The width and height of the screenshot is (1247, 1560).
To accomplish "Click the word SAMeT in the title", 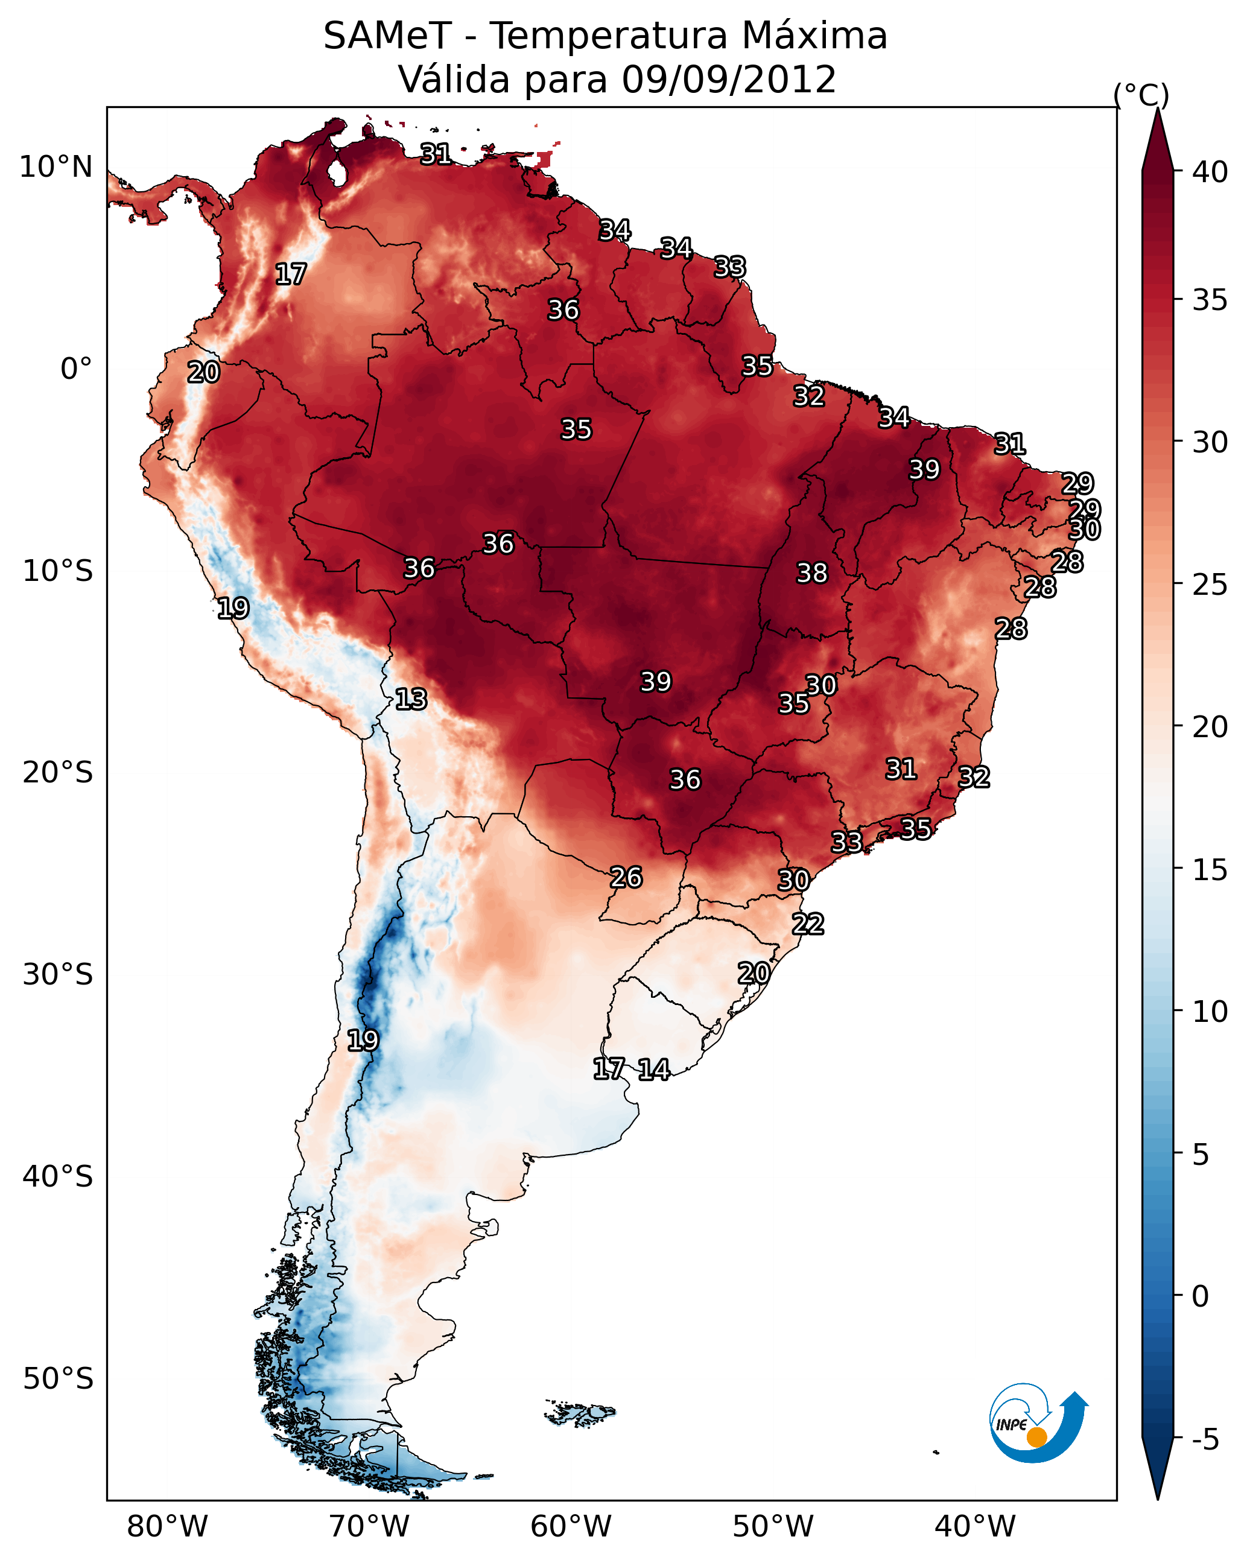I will point(387,36).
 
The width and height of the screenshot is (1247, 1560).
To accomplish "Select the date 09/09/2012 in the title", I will point(728,80).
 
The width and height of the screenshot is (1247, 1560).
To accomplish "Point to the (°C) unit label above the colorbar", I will point(1141,95).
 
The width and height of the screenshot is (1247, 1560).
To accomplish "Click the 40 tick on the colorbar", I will point(1210,172).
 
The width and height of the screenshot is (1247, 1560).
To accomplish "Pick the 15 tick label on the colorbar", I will point(1210,870).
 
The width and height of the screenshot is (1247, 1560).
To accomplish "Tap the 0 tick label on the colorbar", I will point(1200,1296).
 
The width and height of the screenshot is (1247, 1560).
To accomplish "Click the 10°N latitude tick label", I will point(56,167).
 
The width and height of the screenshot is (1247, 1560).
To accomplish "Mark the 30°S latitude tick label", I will point(58,975).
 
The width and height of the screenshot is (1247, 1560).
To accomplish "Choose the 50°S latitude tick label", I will point(58,1378).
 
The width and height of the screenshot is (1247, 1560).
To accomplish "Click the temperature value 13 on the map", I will point(411,699).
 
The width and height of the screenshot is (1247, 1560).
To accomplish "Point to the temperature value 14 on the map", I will point(653,1070).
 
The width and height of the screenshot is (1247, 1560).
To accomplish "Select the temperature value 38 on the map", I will point(811,573).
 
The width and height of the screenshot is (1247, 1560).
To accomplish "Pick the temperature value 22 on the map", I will point(808,924).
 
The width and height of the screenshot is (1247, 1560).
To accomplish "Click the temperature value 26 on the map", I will point(626,878).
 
